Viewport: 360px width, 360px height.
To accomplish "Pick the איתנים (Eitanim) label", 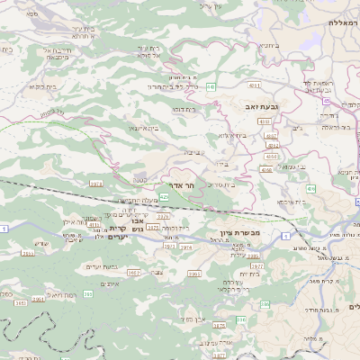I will [x=112, y=284].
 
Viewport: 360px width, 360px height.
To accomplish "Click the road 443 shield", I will [x=210, y=86].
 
